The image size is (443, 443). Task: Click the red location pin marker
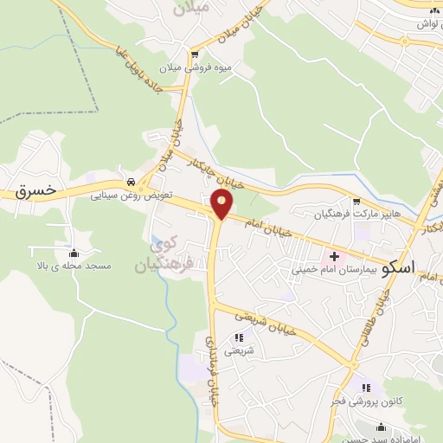[x=222, y=205]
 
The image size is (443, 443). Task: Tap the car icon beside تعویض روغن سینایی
[x=131, y=183]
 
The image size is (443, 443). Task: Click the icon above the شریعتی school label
[x=239, y=338]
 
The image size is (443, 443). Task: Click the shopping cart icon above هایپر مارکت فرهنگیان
[x=355, y=199]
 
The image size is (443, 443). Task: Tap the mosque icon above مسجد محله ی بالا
[x=74, y=254]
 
